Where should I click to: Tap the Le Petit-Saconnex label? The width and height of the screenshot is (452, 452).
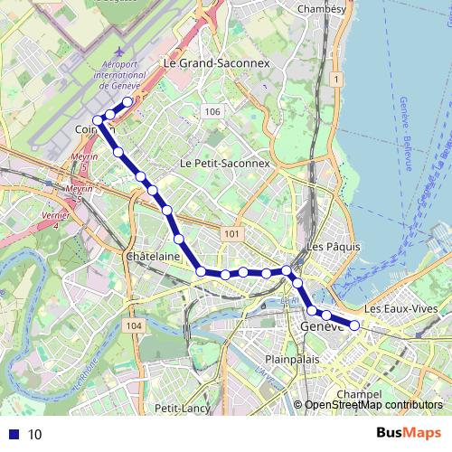[x=225, y=164]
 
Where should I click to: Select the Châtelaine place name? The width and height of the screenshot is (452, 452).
[x=150, y=257]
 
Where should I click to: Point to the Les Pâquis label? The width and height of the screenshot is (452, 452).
[x=334, y=246]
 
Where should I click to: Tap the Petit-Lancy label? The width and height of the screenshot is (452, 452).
[x=182, y=409]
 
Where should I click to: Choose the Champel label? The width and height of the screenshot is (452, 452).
[x=353, y=394]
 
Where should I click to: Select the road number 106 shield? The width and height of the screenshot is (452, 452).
[x=212, y=111]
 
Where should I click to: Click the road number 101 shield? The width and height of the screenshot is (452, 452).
[x=232, y=234]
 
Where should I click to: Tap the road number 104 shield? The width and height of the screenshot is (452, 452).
[x=135, y=325]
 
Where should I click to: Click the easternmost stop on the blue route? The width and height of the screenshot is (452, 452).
[x=355, y=325]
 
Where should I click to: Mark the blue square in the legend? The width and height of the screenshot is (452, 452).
[x=13, y=434]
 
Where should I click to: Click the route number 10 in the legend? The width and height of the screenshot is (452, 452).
[x=34, y=434]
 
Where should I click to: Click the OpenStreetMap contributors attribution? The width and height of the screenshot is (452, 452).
[x=373, y=405]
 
